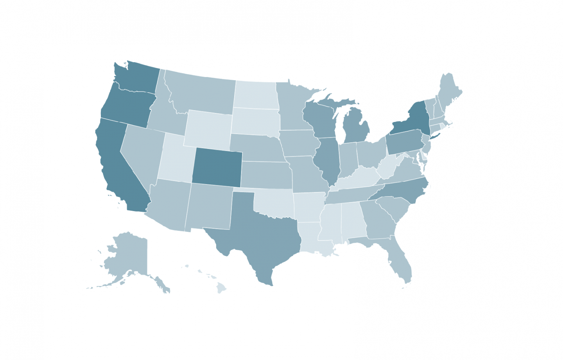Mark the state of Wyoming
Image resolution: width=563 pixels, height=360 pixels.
click(208, 129)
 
